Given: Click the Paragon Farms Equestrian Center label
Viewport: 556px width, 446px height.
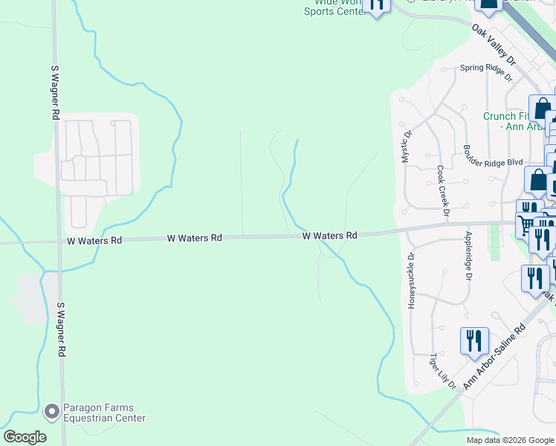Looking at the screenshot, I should click(x=104, y=413).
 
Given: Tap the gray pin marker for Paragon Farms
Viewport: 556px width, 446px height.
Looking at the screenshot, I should click(x=51, y=410).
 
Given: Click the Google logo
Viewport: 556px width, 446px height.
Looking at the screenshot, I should click(x=25, y=437).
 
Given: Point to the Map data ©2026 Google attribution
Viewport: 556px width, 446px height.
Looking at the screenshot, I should click(x=510, y=439).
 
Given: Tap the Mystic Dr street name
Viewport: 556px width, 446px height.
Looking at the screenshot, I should click(x=407, y=147).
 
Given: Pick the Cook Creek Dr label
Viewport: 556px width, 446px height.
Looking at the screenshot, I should click(x=443, y=191).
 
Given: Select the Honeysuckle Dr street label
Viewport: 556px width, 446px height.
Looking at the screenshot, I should click(x=411, y=280).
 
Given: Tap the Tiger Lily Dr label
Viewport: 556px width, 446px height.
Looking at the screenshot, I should click(x=442, y=371).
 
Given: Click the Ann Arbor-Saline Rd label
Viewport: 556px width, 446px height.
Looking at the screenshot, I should click(x=494, y=356).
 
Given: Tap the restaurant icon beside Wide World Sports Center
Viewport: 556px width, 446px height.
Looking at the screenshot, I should click(x=377, y=6).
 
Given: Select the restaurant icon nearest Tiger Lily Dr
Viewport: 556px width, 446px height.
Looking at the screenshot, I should click(x=474, y=341).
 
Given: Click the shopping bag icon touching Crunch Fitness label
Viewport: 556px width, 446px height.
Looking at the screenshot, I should click(x=542, y=109).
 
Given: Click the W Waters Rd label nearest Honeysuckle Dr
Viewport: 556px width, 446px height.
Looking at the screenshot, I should click(x=330, y=235).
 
